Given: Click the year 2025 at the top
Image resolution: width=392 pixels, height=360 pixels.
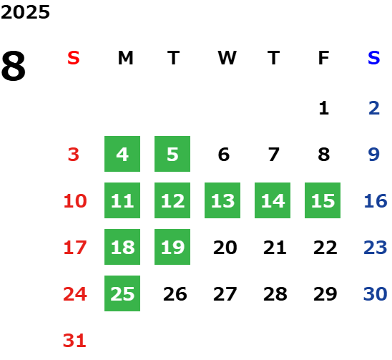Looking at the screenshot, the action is coord(25,12).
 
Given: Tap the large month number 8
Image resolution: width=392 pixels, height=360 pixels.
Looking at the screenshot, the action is coord(14,66).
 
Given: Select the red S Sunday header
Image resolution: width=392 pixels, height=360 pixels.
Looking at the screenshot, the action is coord(74,58).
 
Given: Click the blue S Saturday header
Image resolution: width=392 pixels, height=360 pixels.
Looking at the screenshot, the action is coord(374,58).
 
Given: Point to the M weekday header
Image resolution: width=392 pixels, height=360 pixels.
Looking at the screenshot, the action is coord(125,58).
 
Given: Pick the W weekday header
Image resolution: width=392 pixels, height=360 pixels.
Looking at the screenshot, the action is coord(227,58).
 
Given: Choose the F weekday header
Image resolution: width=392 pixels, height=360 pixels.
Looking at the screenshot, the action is coord(324,58).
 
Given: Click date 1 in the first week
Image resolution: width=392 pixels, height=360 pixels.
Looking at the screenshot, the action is coord(324,108).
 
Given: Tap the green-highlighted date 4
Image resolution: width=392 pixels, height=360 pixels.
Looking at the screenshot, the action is coord(122,154).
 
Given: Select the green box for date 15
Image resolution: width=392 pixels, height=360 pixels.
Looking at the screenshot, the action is coord(323,200).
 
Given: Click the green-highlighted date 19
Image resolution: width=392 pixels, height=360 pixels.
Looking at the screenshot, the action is coord(172,247).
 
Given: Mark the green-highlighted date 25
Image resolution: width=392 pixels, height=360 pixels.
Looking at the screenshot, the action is coord(122,293).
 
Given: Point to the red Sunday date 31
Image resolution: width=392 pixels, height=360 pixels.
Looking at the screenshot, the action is coord(74,340).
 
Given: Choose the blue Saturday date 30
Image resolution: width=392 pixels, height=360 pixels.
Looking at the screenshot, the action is coord(375,293).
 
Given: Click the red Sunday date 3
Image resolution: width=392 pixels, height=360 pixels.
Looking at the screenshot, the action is coord(74,154).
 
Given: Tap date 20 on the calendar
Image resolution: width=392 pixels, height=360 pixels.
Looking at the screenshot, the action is coord(225,247).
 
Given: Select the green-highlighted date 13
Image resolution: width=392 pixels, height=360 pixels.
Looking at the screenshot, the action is coord(222,200).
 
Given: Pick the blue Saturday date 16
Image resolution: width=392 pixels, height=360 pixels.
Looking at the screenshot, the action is coord(376,200).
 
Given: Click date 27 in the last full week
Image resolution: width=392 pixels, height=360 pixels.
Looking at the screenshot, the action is coord(225,293).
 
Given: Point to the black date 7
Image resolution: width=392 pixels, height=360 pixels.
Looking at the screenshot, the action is coord(274,154).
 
